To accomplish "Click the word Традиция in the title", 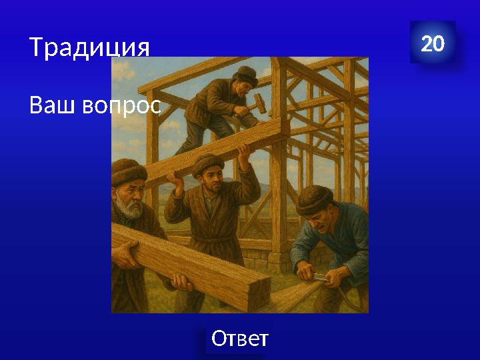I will [89, 47].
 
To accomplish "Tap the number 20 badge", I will [433, 44].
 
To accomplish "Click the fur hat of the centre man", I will [207, 163].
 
